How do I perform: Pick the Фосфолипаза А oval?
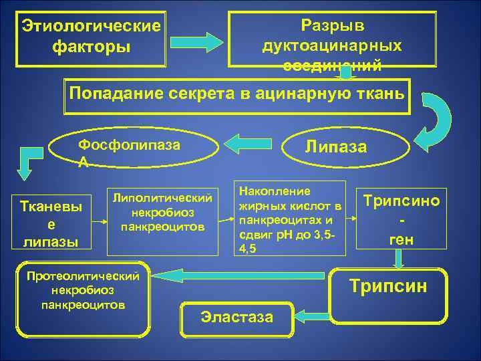pos(134,151)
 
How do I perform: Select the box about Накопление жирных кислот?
pos(289,217)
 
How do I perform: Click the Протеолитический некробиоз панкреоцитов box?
pos(83,301)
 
